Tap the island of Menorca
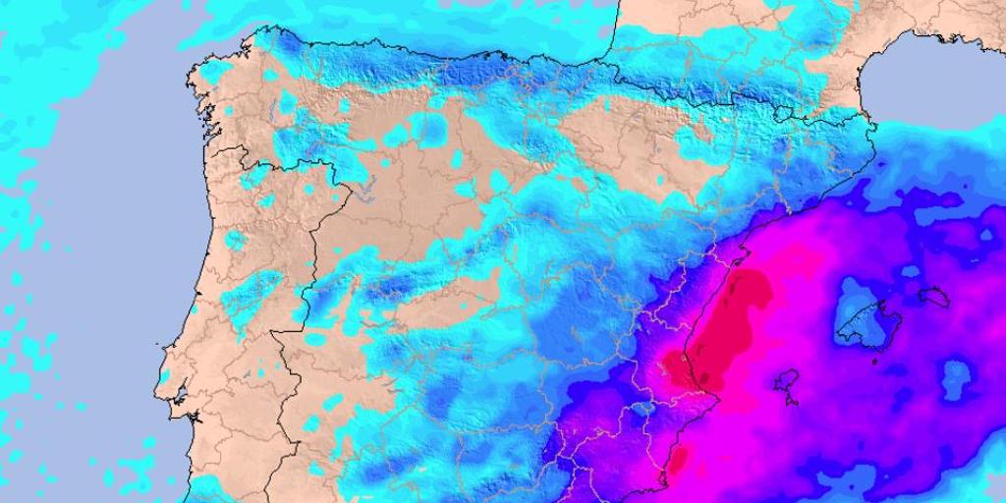coord(932,294)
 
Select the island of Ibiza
coord(785,379)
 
